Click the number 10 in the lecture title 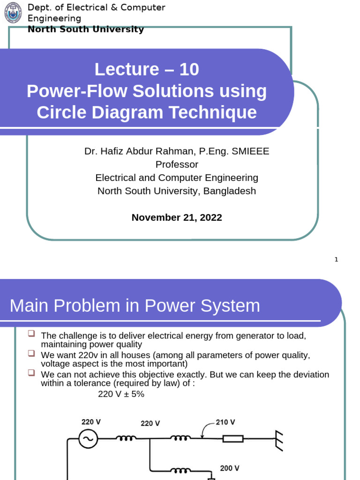pyautogui.click(x=189, y=69)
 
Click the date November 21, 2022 pyautogui.click(x=177, y=217)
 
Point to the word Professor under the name pyautogui.click(x=177, y=165)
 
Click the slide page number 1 pyautogui.click(x=336, y=260)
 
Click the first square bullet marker pyautogui.click(x=31, y=333)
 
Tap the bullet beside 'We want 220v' pyautogui.click(x=31, y=352)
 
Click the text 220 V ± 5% pyautogui.click(x=121, y=394)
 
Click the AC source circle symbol pyautogui.click(x=88, y=439)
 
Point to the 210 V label pyautogui.click(x=225, y=422)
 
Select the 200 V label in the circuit pyautogui.click(x=230, y=468)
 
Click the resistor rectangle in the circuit pyautogui.click(x=232, y=439)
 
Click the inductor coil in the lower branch pyautogui.click(x=180, y=470)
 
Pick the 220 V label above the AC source pyautogui.click(x=91, y=422)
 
